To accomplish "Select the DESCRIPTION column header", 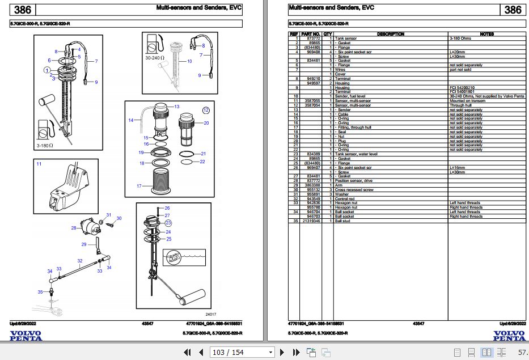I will click(x=390, y=34).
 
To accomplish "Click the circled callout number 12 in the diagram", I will click(x=206, y=110).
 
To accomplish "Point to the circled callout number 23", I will click(x=168, y=223).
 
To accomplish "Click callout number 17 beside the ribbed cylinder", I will click(x=139, y=186).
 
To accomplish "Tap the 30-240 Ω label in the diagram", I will click(x=154, y=58).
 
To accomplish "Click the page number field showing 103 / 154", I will click(x=228, y=353).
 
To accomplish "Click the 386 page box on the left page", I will click(x=22, y=10).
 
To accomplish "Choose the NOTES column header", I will click(x=486, y=34).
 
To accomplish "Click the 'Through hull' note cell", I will click(x=460, y=105).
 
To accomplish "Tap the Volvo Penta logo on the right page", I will click(x=509, y=336).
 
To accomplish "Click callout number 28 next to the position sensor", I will click(x=74, y=228).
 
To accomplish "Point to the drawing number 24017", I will click(x=211, y=314).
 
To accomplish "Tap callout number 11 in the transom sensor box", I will click(x=39, y=164).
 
